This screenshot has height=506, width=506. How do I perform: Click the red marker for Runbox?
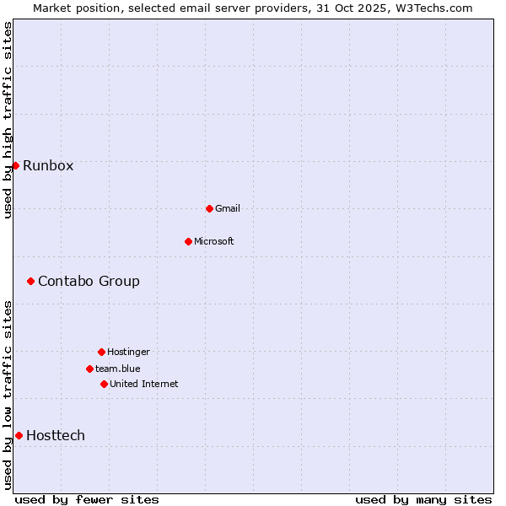click(x=15, y=165)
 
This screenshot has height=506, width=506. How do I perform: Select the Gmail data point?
click(x=209, y=208)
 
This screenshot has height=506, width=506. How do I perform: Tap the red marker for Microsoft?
click(x=188, y=241)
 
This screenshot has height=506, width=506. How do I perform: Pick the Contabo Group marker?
click(x=30, y=281)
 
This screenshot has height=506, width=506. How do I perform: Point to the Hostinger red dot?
click(x=101, y=352)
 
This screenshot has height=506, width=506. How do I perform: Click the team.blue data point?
click(x=89, y=369)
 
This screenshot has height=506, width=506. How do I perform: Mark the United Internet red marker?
click(x=104, y=384)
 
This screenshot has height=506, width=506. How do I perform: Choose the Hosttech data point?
click(x=19, y=435)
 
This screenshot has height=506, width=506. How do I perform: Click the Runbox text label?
click(x=48, y=165)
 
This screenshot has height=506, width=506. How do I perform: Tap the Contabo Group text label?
click(x=89, y=281)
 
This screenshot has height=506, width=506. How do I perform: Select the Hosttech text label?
click(x=56, y=435)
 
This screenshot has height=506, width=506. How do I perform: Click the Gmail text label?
click(x=228, y=208)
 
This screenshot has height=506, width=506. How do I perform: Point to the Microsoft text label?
click(x=214, y=241)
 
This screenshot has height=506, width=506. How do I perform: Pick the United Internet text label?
click(x=144, y=384)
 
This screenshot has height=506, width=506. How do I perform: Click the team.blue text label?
click(x=118, y=369)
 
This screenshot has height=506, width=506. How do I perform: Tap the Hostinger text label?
click(x=128, y=352)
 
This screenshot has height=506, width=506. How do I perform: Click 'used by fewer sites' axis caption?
click(x=87, y=499)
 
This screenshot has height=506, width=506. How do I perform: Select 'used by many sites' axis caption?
click(x=423, y=499)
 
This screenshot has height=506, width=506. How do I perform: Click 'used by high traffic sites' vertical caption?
click(x=8, y=120)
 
